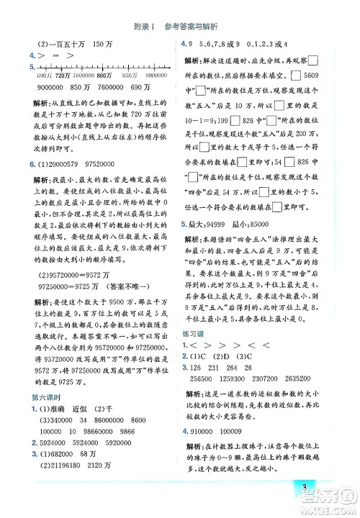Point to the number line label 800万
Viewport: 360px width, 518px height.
[104, 76]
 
